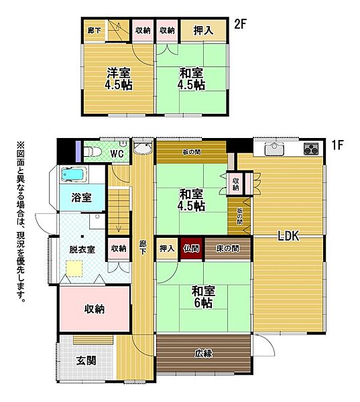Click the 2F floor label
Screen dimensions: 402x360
pyautogui.click(x=241, y=25)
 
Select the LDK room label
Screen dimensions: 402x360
pyautogui.click(x=288, y=235)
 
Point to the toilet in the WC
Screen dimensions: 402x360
pyautogui.click(x=92, y=153)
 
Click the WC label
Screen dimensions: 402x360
pyautogui.click(x=117, y=154)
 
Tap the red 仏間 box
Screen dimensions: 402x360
pyautogui.click(x=191, y=249)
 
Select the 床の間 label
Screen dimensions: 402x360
pyautogui.click(x=227, y=249)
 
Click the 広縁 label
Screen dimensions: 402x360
pyautogui.click(x=204, y=353)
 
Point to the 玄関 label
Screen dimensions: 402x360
pyautogui.click(x=86, y=360)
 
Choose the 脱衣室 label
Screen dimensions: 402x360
pyautogui.click(x=82, y=249)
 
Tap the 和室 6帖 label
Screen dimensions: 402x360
pyautogui.click(x=202, y=297)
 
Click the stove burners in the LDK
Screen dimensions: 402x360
pyautogui.click(x=312, y=149)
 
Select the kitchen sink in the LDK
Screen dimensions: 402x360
pyautogui.click(x=274, y=149)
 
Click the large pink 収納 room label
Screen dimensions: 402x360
pyautogui.click(x=94, y=309)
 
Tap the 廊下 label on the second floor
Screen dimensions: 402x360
pyautogui.click(x=94, y=29)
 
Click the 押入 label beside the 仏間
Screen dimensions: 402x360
pyautogui.click(x=167, y=249)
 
